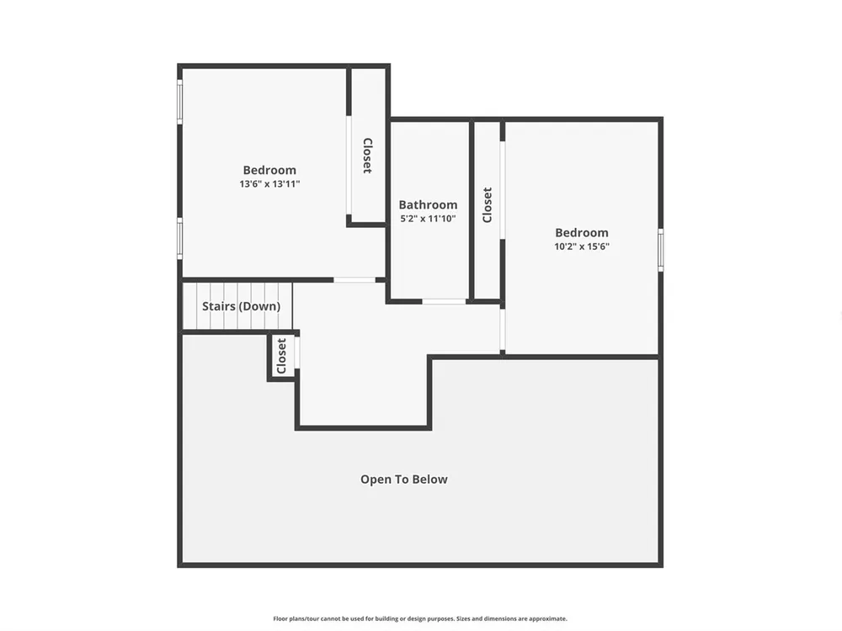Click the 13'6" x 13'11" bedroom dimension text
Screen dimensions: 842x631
coord(269,184)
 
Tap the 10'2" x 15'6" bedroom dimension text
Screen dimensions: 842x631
coord(582,247)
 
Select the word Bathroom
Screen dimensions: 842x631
coord(428,205)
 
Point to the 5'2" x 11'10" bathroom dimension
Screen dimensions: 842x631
coord(428,219)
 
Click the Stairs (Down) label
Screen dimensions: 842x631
coord(241,306)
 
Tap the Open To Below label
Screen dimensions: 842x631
coord(404,480)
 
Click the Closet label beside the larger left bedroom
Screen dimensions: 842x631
coord(367,156)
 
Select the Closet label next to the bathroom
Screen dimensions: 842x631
coord(487,205)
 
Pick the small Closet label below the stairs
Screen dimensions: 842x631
coord(281,356)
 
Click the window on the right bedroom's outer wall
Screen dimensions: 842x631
coord(660,250)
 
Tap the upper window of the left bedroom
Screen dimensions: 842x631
coord(180,102)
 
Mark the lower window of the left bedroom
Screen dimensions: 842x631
coord(180,238)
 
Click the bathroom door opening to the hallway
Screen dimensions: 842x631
coord(444,301)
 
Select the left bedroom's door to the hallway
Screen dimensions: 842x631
coord(354,280)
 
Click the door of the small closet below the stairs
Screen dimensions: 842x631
coord(297,353)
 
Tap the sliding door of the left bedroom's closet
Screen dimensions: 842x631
coord(349,165)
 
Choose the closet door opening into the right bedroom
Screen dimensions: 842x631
coord(503,190)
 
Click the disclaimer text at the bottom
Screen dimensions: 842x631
coord(420,618)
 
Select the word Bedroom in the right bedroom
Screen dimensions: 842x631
coord(582,233)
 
